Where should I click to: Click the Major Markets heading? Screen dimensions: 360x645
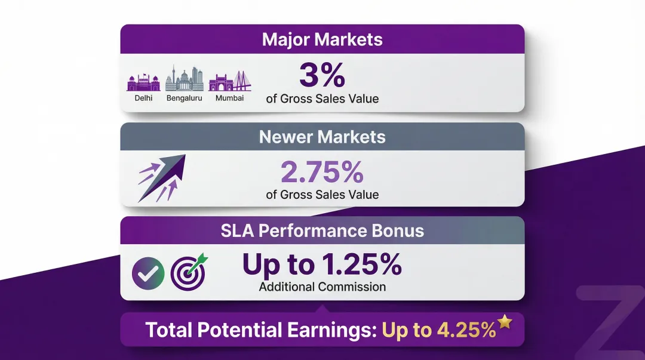click(322, 40)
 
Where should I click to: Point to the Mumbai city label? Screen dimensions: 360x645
click(229, 98)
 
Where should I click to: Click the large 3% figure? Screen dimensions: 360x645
click(322, 76)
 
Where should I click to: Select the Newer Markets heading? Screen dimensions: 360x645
click(322, 137)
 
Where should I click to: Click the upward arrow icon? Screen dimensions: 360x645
click(162, 177)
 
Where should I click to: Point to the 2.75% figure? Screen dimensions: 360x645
click(322, 173)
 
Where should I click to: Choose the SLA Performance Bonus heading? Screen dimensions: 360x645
click(322, 231)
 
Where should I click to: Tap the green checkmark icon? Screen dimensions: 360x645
click(148, 272)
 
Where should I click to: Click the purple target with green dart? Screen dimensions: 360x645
click(189, 271)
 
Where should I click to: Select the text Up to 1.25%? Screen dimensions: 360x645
click(322, 264)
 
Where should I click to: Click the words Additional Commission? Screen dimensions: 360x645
click(322, 287)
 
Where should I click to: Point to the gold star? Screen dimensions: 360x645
click(505, 322)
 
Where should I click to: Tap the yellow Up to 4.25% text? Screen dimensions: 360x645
click(439, 330)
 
